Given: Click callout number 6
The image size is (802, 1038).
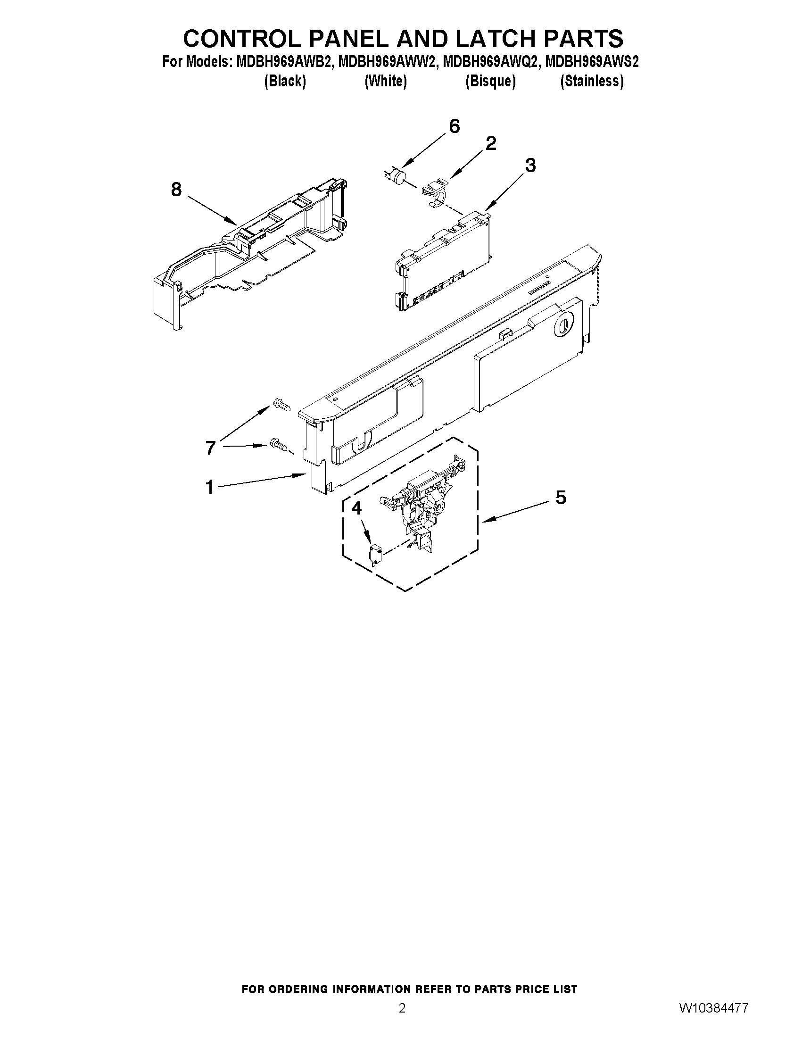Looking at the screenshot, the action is point(454,126).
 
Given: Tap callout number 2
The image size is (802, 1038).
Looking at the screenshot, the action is point(491,143).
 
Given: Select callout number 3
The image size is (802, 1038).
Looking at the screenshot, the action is point(530,166).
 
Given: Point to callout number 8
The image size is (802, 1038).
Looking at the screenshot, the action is point(176,190).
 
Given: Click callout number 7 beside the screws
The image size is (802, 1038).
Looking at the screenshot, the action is point(210,448).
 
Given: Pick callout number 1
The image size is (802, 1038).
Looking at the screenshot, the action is point(209,487).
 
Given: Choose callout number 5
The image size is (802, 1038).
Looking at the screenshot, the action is point(561,498).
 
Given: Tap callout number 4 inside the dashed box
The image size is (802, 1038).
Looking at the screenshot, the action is point(356,508).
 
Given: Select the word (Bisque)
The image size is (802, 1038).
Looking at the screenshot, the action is point(490,81).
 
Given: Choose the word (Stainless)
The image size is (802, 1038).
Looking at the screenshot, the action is point(592,81).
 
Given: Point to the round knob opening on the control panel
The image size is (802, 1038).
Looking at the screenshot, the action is point(562,326).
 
